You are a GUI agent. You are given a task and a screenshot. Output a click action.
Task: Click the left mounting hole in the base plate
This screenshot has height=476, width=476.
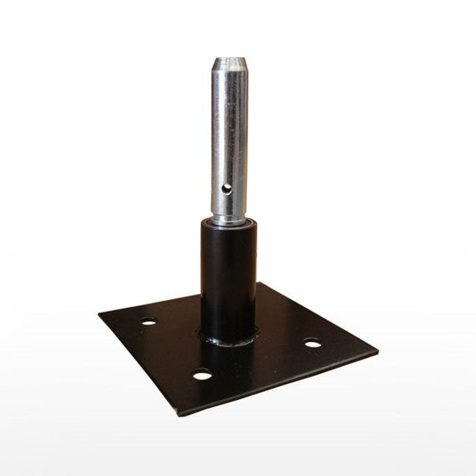[148, 321]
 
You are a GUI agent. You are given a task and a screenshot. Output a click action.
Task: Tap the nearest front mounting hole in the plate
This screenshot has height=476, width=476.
[203, 374]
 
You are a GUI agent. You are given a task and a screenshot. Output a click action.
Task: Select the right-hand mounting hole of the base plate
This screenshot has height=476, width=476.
[313, 344]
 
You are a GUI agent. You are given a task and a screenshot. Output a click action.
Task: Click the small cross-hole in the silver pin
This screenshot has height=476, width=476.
[228, 188]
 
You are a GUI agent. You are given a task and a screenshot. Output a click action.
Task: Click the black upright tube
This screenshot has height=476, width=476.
[228, 278]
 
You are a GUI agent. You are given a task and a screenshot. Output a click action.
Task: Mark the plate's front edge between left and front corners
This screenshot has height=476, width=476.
[139, 363]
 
